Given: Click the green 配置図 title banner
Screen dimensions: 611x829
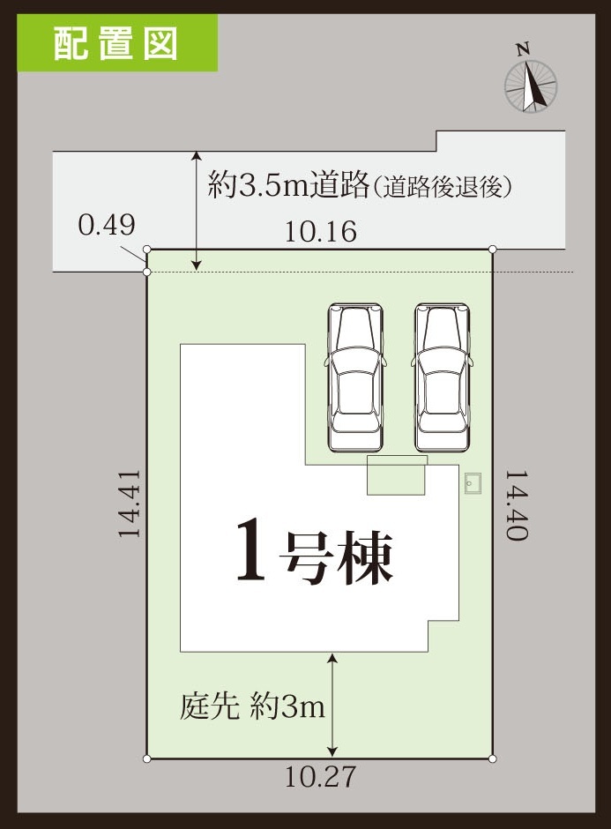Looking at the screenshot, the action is pos(117,43).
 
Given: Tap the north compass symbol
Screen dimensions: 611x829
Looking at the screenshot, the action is pos(530,86).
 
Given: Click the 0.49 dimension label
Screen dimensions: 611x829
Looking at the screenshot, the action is pos(107,225).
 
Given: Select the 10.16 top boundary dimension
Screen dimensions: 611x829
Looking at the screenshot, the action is pos(321,232).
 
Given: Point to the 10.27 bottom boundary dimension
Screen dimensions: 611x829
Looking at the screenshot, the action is pos(321,777).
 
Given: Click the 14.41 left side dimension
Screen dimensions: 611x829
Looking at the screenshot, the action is pos(130,504).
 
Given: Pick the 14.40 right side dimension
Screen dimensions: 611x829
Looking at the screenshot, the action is pos(517,505).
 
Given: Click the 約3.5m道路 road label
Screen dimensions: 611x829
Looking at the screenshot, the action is pos(288,183).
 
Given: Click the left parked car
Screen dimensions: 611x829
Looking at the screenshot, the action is pos(355,377).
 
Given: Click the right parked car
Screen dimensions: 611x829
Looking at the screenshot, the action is pos(442,377).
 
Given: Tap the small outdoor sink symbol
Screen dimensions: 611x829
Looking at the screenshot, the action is pos(473,483).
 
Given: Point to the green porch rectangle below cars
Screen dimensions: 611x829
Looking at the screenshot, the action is pos(397,475).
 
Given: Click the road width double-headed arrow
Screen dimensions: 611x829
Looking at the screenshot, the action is pos(197,211).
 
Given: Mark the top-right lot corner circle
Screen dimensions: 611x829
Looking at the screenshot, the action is pos(493,249).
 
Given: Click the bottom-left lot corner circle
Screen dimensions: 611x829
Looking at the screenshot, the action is pos(147,758).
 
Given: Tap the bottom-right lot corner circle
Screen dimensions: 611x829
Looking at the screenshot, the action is pos(493,758).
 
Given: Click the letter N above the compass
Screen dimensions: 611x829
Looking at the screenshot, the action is pos(523,49).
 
